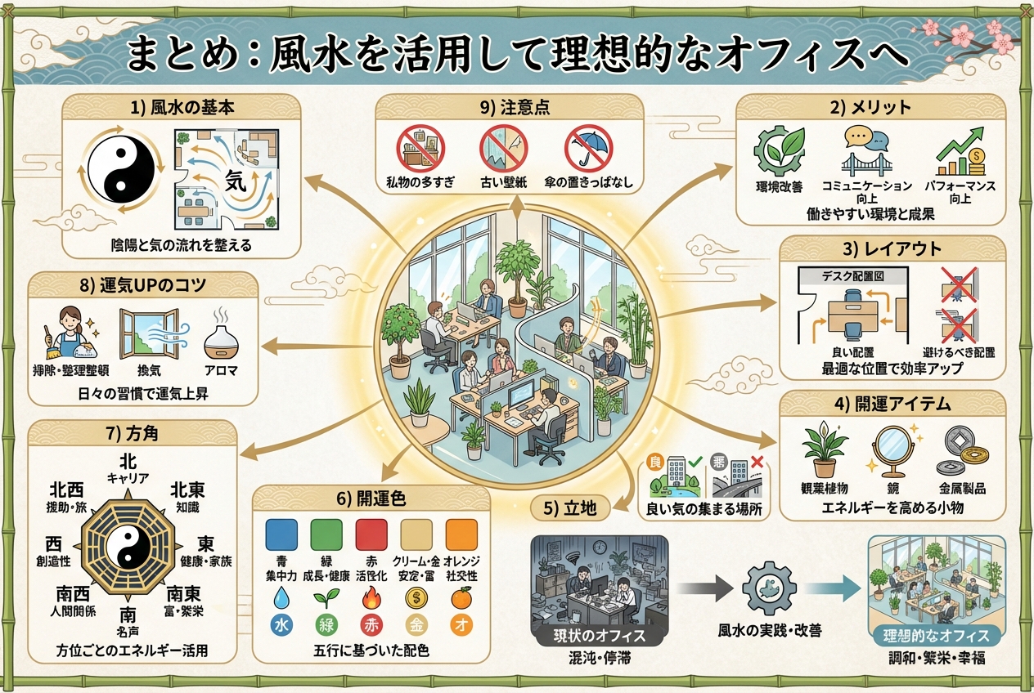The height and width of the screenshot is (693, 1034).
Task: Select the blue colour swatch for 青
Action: coord(282,535)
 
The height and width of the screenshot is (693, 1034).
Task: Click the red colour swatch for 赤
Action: coord(371,535)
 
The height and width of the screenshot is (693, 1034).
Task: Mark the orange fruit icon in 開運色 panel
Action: coord(461,599)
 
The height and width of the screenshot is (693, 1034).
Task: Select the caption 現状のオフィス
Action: coord(600,636)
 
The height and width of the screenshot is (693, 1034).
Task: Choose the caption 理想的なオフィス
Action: coord(937,636)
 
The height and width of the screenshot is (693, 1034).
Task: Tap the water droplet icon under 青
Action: coord(282,599)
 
